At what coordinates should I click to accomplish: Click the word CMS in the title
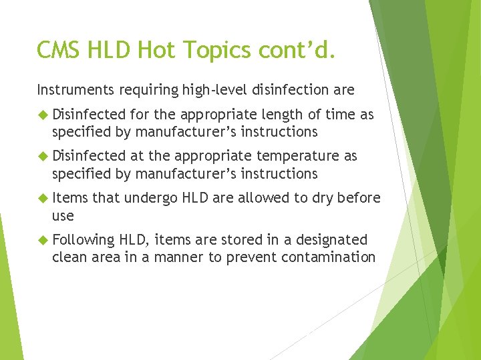tap(58, 49)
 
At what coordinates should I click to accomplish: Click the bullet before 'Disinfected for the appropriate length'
tap(43, 115)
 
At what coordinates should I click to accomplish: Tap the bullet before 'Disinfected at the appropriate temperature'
tap(43, 157)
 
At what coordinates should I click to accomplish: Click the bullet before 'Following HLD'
tap(43, 240)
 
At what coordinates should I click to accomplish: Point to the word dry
tap(322, 198)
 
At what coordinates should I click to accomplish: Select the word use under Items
tap(63, 216)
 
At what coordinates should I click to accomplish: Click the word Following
tap(84, 240)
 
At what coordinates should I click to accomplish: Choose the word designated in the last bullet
tap(329, 240)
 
